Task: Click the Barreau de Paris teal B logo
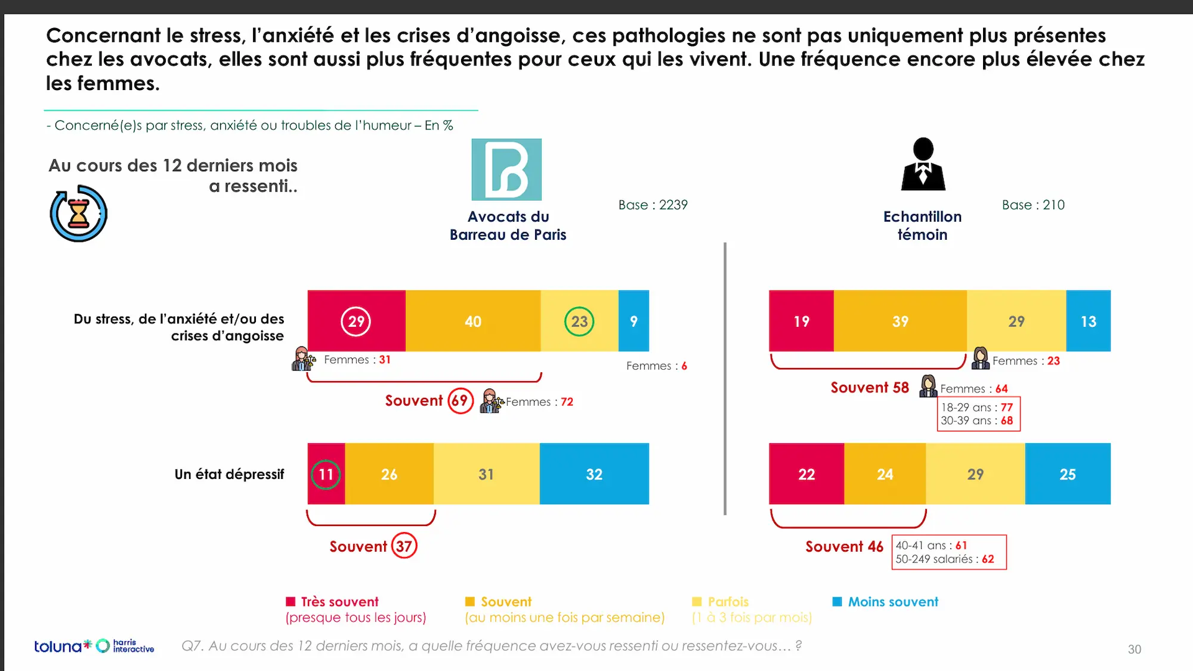506,169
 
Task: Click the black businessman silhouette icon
923,165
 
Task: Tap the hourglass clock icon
79,214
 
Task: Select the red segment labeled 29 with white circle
356,321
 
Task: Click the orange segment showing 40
473,321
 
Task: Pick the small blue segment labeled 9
633,321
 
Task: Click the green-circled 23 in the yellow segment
579,321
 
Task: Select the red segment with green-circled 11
326,474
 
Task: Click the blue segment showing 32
594,474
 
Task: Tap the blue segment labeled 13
1088,321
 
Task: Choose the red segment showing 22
806,474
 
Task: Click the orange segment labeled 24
885,474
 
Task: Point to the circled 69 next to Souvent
460,401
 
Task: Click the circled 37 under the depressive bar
404,546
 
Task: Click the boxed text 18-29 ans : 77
977,407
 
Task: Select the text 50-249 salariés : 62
944,559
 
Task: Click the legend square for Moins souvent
837,601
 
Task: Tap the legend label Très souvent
339,601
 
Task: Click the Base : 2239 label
653,205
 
